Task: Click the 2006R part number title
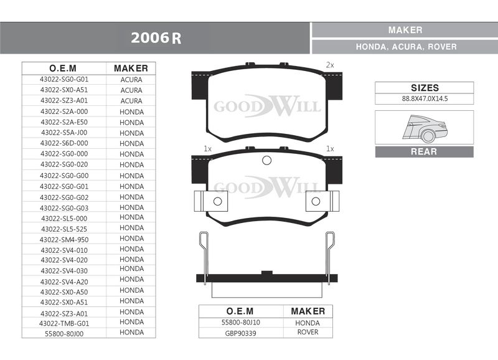click(156, 38)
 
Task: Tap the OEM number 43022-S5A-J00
click(64, 133)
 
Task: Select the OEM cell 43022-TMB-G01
click(64, 323)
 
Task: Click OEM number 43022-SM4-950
click(64, 240)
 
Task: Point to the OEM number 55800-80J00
click(64, 334)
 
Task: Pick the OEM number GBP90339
click(240, 333)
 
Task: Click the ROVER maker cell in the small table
click(308, 332)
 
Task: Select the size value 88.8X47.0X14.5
click(425, 98)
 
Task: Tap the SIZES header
click(425, 88)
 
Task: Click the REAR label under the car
click(424, 151)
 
